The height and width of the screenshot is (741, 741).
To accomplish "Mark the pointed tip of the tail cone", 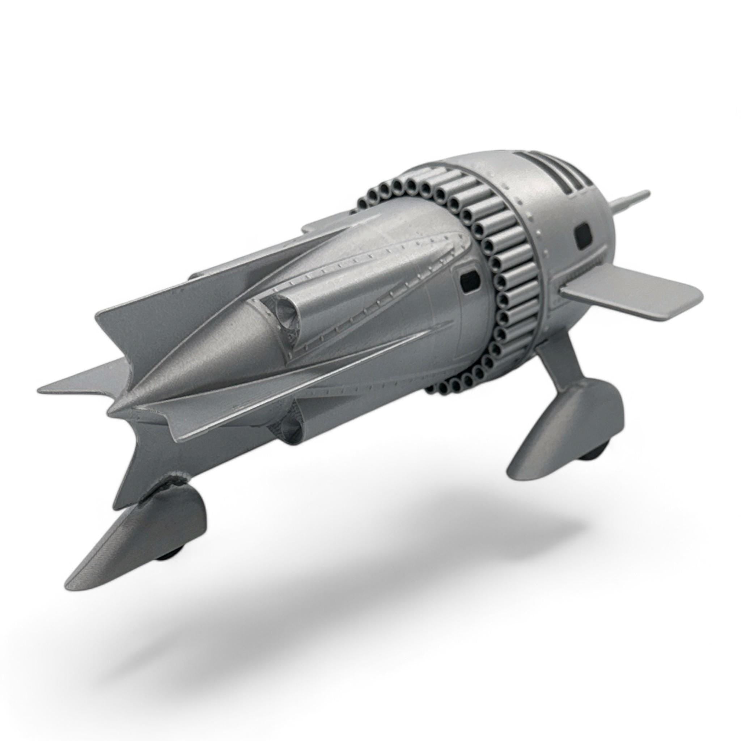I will click(111, 412).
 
